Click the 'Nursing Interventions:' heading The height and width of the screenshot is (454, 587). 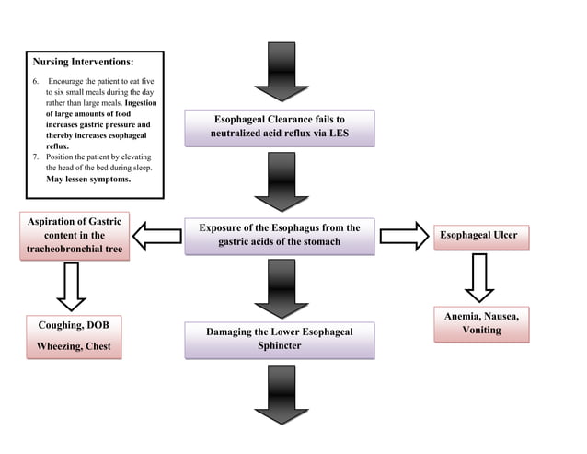(83, 63)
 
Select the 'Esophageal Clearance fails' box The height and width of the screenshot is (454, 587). (280, 127)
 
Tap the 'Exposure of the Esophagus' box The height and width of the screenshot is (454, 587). (280, 235)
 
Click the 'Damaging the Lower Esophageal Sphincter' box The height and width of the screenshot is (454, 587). (280, 339)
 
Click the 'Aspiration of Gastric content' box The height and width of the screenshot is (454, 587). (73, 235)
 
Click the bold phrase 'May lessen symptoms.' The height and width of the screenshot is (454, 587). (88, 180)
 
